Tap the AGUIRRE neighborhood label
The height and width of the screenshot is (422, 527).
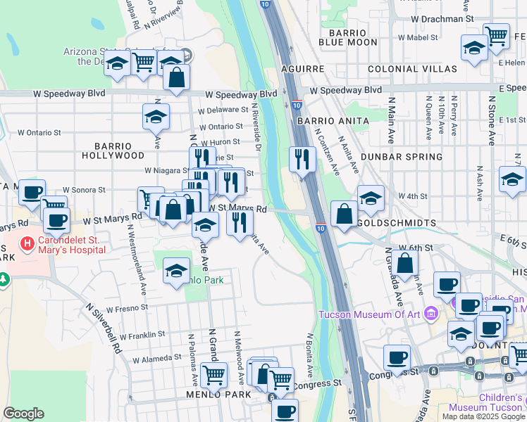pyautogui.click(x=303, y=70)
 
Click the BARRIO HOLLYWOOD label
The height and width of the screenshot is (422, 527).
pyautogui.click(x=113, y=150)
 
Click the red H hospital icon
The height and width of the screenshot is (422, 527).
pyautogui.click(x=27, y=244)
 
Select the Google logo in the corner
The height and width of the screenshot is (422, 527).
pyautogui.click(x=23, y=414)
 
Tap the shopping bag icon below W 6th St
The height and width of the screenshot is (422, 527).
pyautogui.click(x=405, y=264)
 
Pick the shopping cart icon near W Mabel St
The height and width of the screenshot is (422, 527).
pyautogui.click(x=497, y=35)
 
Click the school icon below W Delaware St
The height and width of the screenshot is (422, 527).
pyautogui.click(x=156, y=117)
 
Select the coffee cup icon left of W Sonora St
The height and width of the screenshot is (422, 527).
pyautogui.click(x=32, y=192)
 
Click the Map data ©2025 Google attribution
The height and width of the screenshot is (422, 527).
pyautogui.click(x=483, y=416)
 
